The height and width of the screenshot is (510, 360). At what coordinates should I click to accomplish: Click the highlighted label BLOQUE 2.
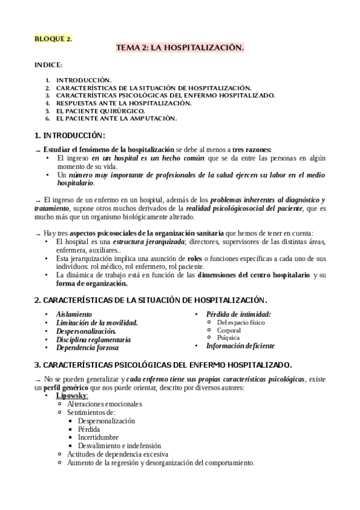53,39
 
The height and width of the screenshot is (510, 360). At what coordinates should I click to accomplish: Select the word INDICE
48,65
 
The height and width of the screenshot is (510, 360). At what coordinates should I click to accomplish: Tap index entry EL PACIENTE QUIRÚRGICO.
100,111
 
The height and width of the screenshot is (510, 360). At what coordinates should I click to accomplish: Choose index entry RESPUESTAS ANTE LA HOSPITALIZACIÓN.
115,103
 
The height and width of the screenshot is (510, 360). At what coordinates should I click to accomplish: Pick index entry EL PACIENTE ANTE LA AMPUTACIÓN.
117,118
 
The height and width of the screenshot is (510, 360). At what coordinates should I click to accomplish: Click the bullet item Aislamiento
74,314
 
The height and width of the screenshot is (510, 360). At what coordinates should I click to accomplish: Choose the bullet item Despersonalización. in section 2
86,331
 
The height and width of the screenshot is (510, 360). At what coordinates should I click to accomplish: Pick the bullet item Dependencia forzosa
87,348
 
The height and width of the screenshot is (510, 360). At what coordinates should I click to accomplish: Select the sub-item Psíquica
228,338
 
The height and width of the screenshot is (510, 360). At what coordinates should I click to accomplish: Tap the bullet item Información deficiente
240,346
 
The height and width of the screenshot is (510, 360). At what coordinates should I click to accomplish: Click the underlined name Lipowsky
72,396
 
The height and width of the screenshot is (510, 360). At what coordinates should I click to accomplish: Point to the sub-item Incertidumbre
98,437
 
